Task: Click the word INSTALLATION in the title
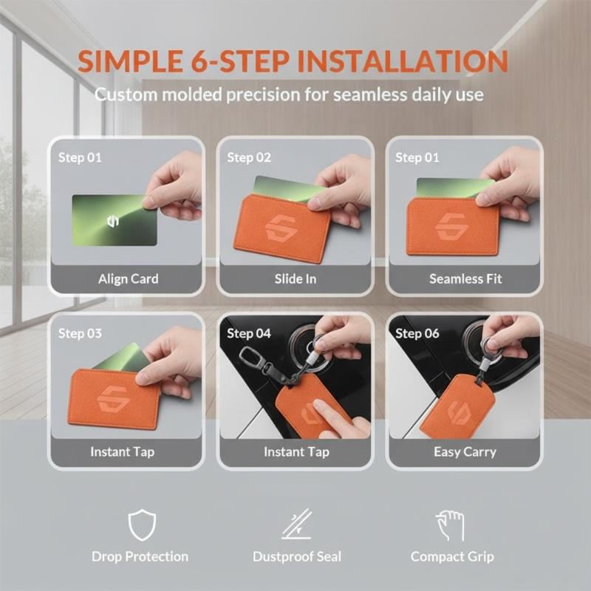pyautogui.click(x=403, y=61)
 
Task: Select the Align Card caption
pyautogui.click(x=128, y=279)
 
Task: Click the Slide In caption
pyautogui.click(x=295, y=279)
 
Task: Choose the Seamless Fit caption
pyautogui.click(x=465, y=279)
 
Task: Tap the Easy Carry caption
pyautogui.click(x=465, y=451)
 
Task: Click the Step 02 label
pyautogui.click(x=249, y=157)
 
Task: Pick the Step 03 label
pyautogui.click(x=80, y=333)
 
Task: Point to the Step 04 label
pyautogui.click(x=249, y=333)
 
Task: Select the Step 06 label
pyautogui.click(x=417, y=333)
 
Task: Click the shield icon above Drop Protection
pyautogui.click(x=142, y=525)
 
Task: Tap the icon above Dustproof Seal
pyautogui.click(x=297, y=524)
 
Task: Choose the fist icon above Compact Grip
pyautogui.click(x=450, y=525)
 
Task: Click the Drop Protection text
pyautogui.click(x=140, y=557)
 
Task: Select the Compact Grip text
pyautogui.click(x=452, y=557)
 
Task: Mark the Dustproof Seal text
pyautogui.click(x=297, y=557)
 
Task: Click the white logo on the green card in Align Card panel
pyautogui.click(x=113, y=221)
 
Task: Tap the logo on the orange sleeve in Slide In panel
pyautogui.click(x=281, y=228)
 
